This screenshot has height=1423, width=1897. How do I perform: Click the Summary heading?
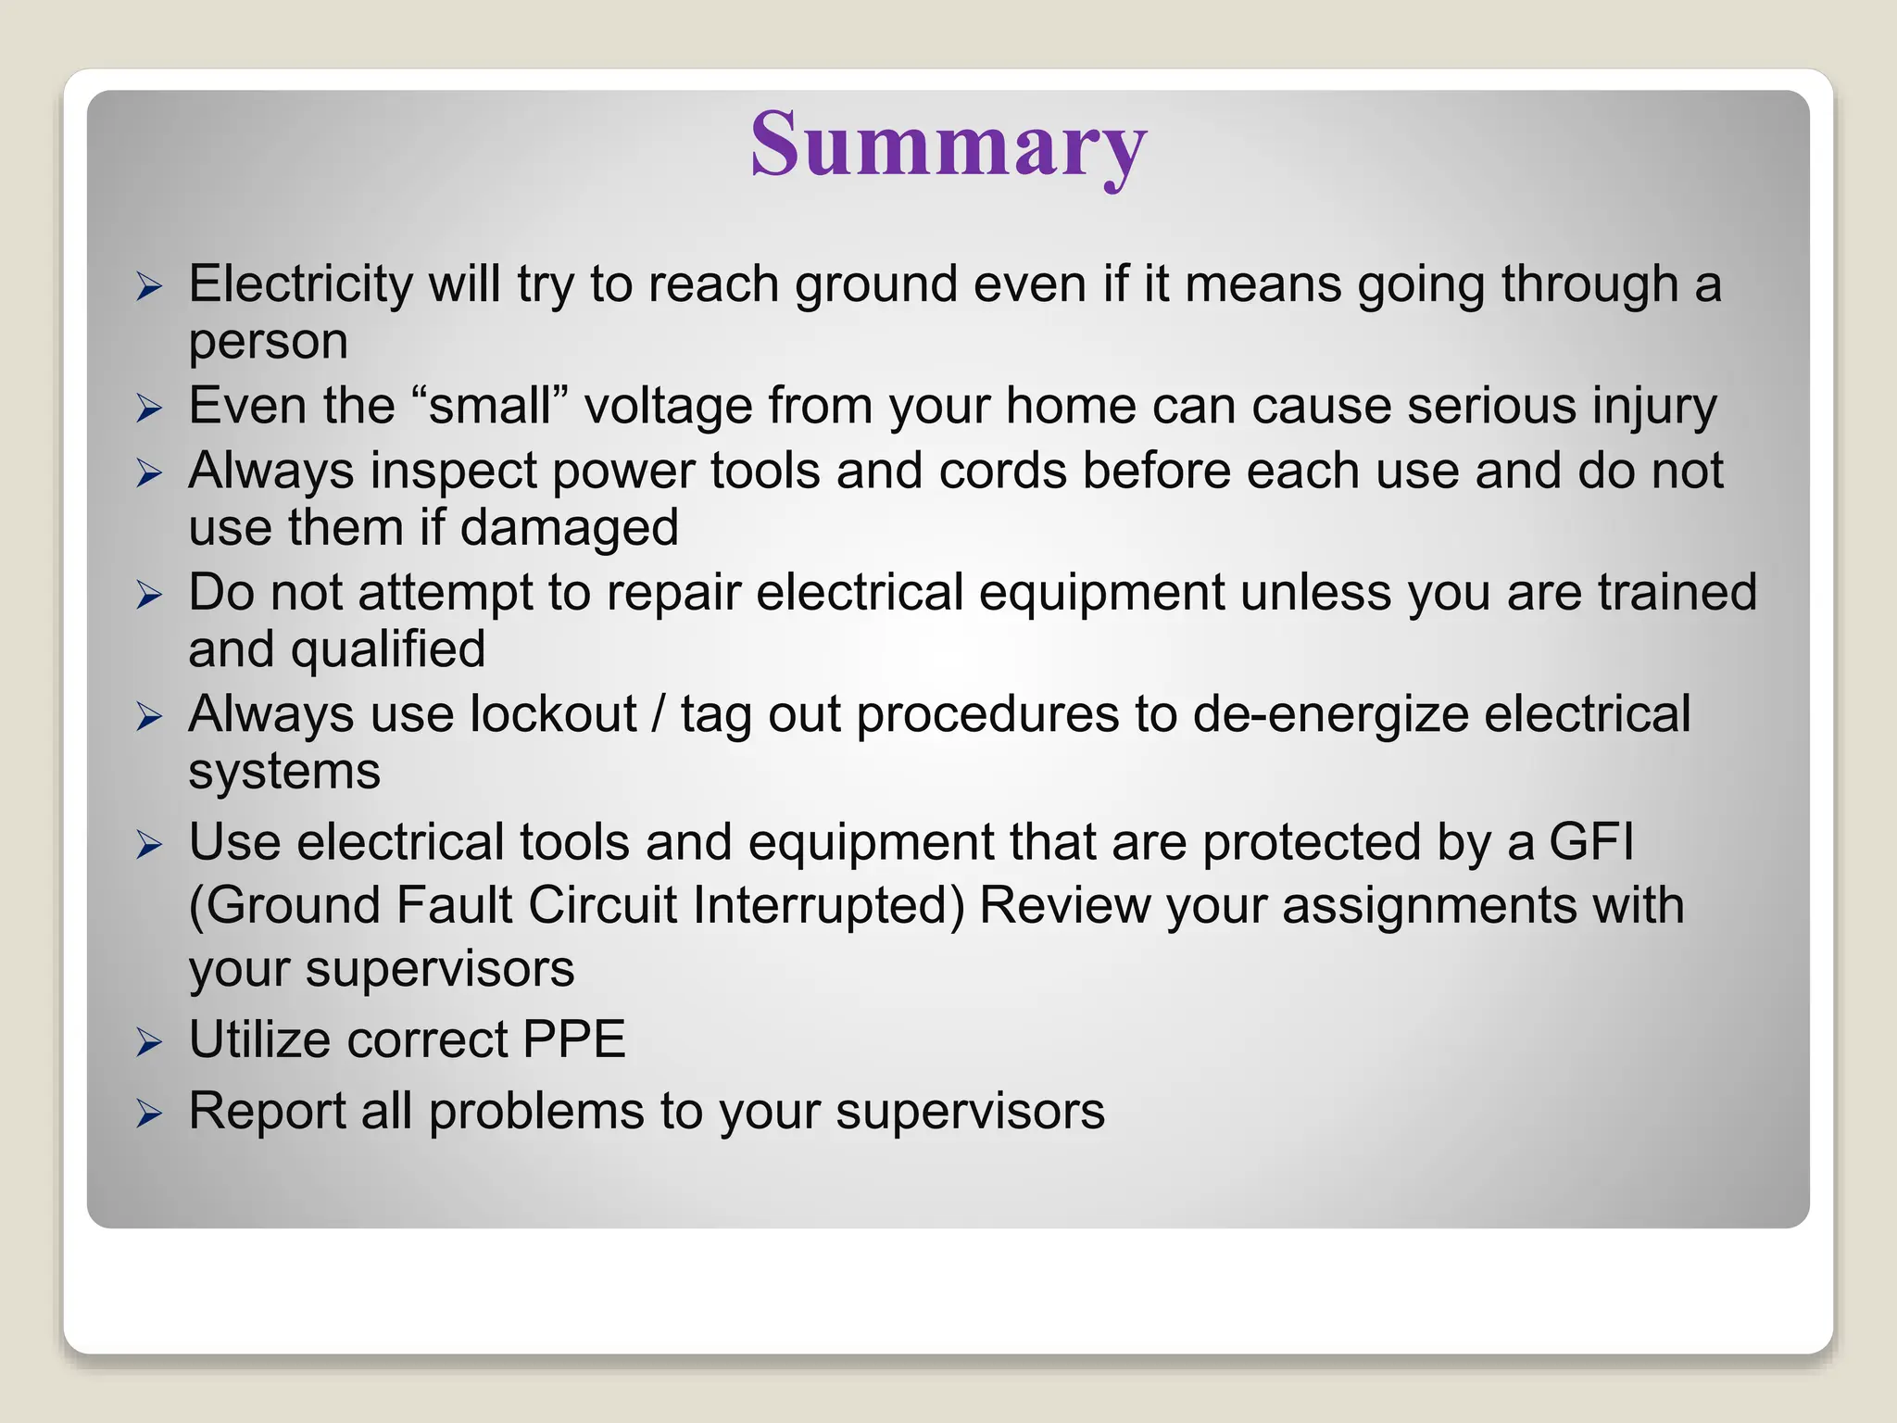[x=948, y=145]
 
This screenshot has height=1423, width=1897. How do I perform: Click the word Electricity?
[x=300, y=283]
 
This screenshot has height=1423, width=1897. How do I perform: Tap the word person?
[x=269, y=342]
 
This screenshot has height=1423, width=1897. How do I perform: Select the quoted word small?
[x=490, y=406]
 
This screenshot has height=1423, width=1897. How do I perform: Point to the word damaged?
[x=569, y=528]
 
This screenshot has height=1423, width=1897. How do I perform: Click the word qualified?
[x=388, y=649]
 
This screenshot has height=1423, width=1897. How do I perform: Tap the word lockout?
[x=553, y=714]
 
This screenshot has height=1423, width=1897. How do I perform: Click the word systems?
[x=284, y=772]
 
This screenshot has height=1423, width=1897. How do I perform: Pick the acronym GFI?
[x=1591, y=842]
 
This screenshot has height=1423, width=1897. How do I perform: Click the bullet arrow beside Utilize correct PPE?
[x=149, y=1042]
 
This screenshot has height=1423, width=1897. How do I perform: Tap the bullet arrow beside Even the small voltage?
[x=149, y=409]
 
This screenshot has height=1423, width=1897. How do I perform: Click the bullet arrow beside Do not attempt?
[x=149, y=595]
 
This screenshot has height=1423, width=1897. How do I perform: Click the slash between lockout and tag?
[x=659, y=714]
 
